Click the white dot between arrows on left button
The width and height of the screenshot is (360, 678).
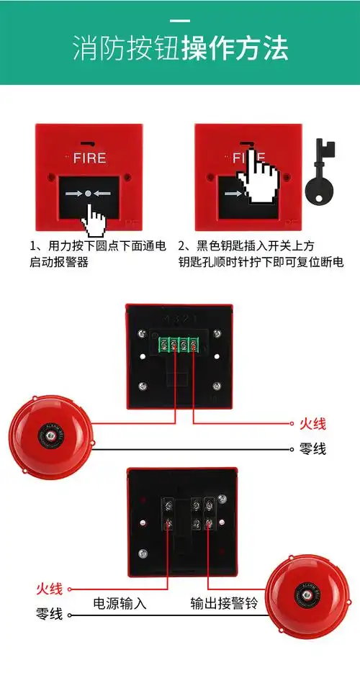[88, 194]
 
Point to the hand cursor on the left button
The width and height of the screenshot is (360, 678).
[93, 219]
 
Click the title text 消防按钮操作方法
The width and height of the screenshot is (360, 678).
[180, 48]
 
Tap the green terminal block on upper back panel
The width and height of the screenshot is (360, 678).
[180, 344]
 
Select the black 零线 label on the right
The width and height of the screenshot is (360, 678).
[312, 448]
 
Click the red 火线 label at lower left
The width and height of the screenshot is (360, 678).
[49, 589]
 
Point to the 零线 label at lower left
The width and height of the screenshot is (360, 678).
[49, 614]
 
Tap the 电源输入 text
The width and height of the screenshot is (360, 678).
[120, 603]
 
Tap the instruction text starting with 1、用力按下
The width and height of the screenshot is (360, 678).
[97, 254]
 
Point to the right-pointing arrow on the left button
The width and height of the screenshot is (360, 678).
[73, 194]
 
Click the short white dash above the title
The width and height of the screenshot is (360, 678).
[180, 19]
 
